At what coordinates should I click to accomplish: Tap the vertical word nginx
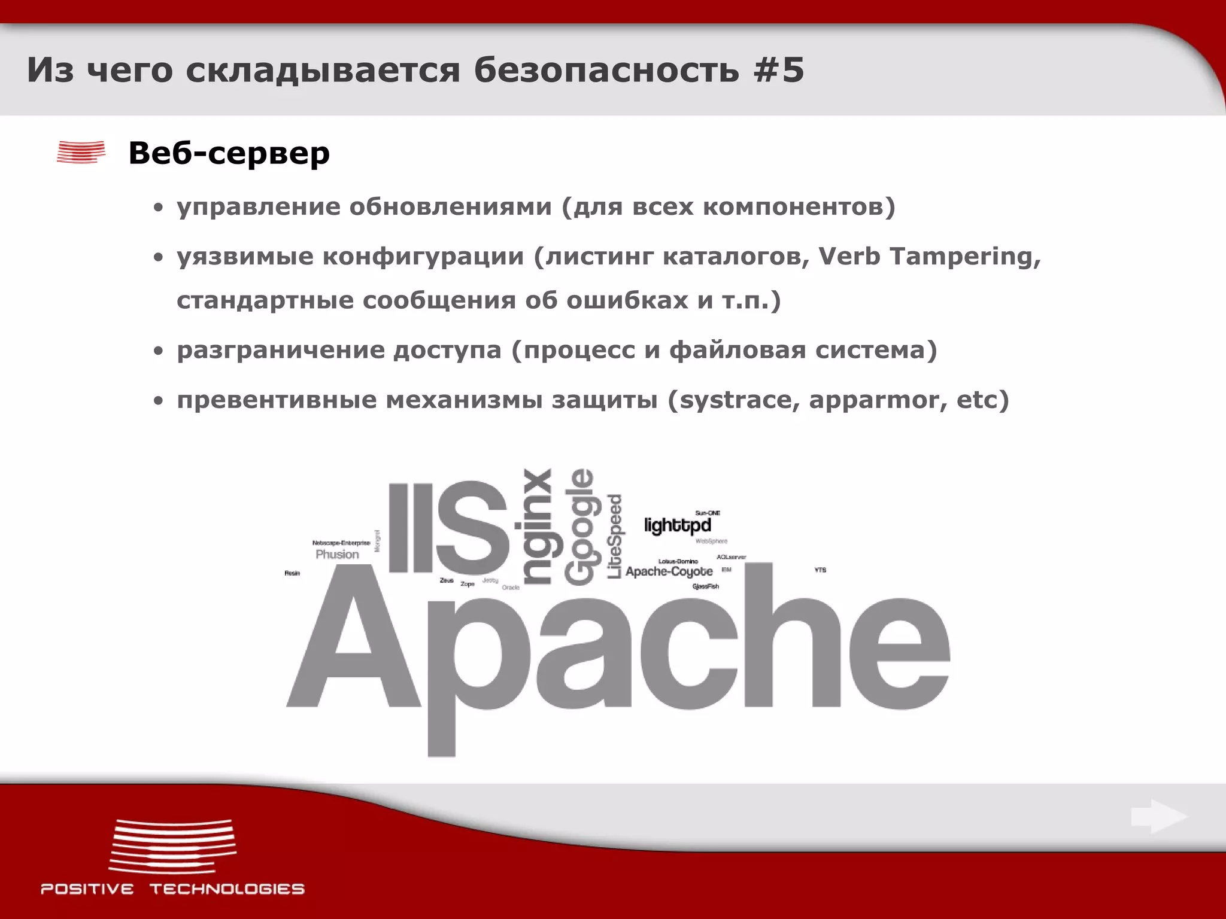pyautogui.click(x=537, y=527)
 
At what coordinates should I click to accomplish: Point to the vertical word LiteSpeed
pyautogui.click(x=615, y=536)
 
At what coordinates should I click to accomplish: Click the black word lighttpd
pyautogui.click(x=677, y=525)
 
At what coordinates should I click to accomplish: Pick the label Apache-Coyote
pyautogui.click(x=669, y=571)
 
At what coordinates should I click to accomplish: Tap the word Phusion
pyautogui.click(x=337, y=554)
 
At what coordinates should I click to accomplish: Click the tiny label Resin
pyautogui.click(x=292, y=573)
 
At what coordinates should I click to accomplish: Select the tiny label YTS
pyautogui.click(x=820, y=570)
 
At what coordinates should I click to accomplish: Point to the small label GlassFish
pyautogui.click(x=705, y=586)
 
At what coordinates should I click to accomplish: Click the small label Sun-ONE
pyautogui.click(x=708, y=513)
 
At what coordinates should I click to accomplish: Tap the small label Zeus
pyautogui.click(x=447, y=580)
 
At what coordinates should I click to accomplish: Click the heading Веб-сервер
pyautogui.click(x=229, y=153)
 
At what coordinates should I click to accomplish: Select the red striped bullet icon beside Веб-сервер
pyautogui.click(x=81, y=152)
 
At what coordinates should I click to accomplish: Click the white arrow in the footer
pyautogui.click(x=1158, y=817)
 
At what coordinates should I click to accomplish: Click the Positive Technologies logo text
pyautogui.click(x=172, y=888)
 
